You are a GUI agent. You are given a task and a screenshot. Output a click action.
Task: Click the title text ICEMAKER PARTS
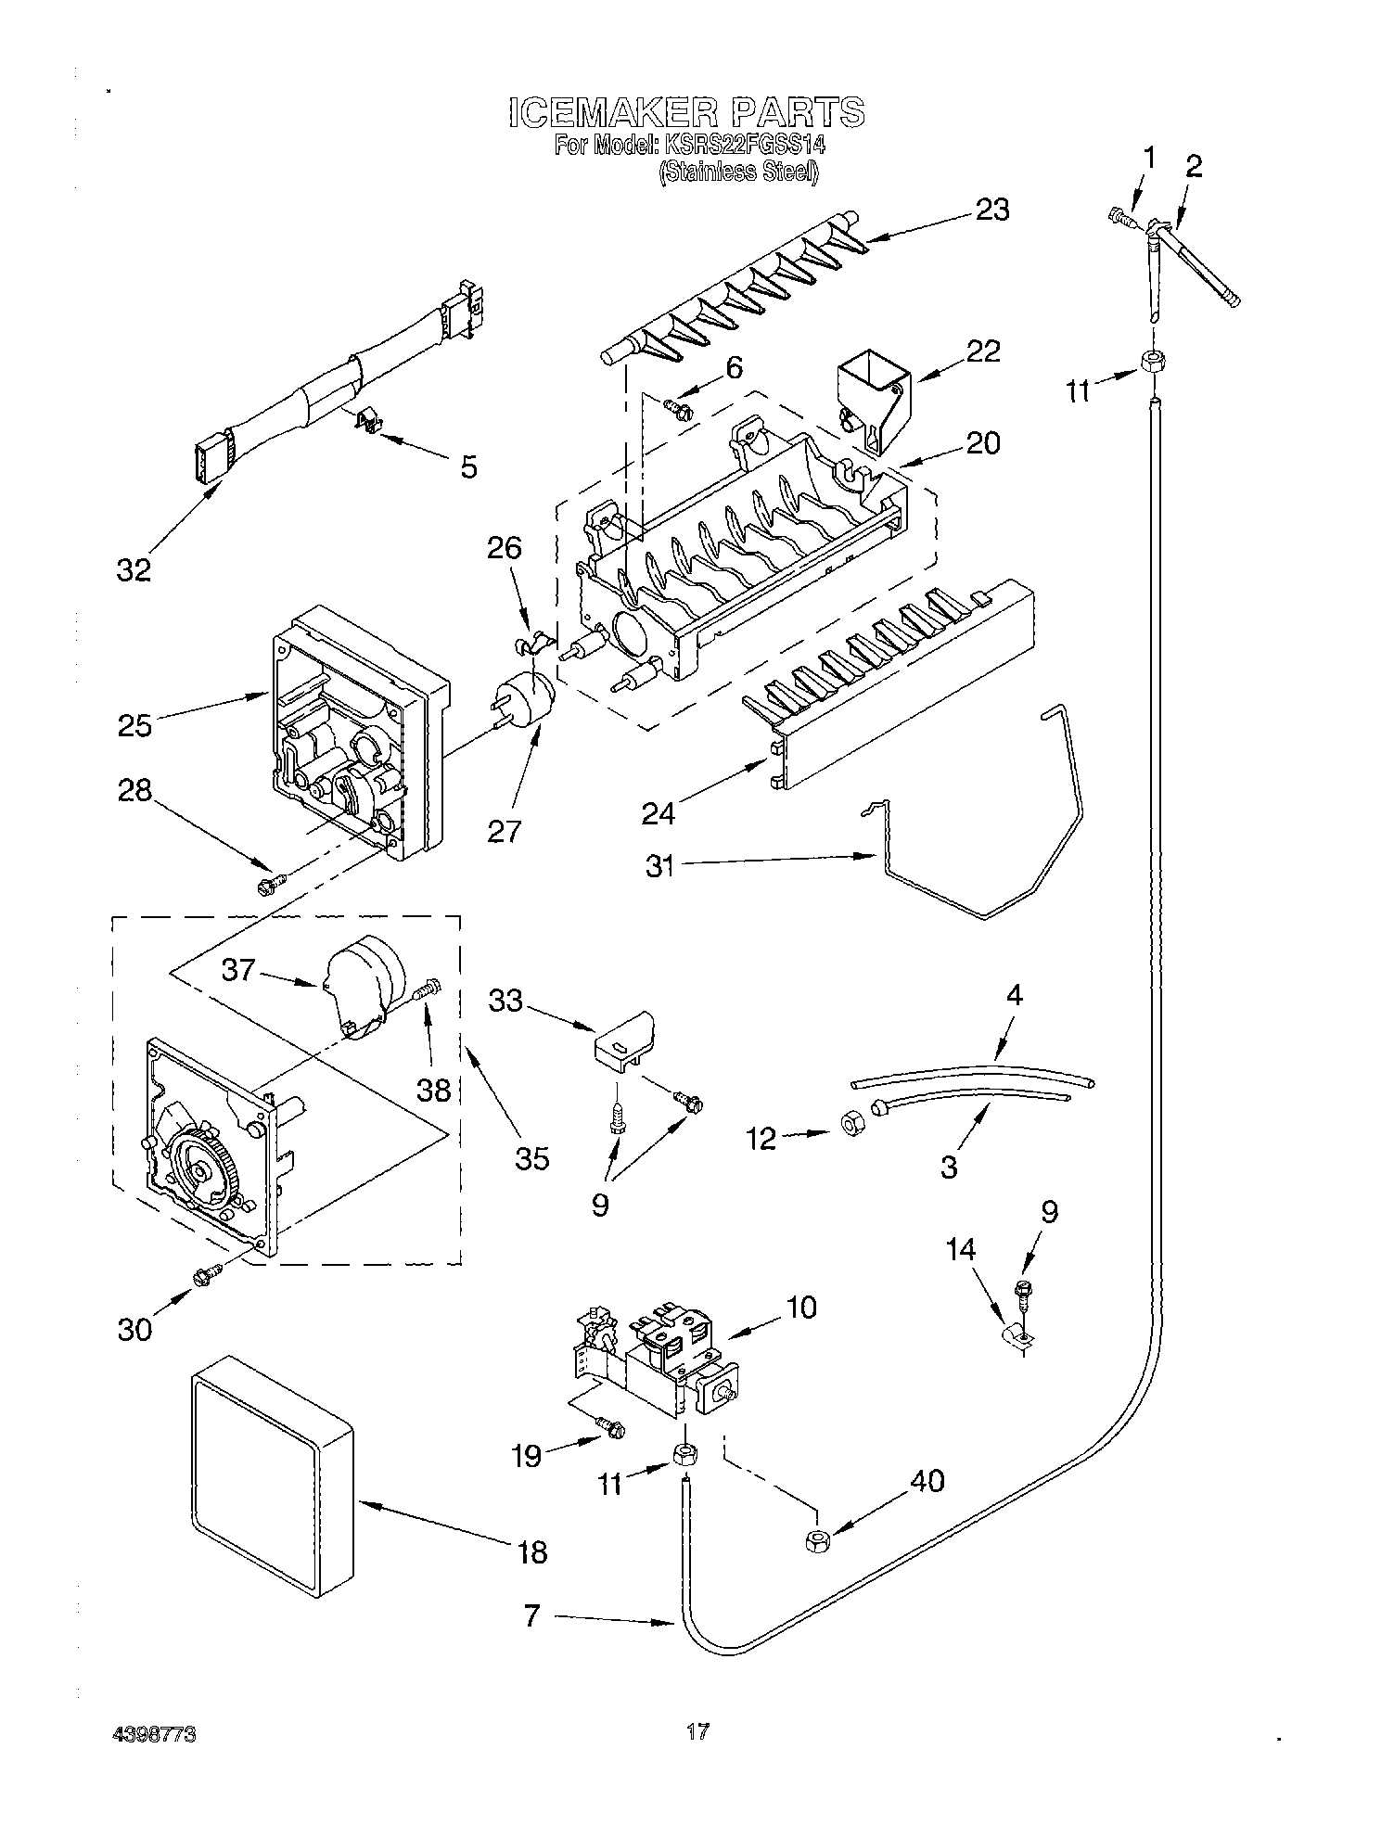(686, 112)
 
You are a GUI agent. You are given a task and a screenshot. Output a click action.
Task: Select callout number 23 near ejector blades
(991, 211)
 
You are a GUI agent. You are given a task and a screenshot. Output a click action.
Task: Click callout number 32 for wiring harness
(134, 569)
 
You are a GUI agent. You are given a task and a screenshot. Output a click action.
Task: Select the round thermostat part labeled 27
(525, 697)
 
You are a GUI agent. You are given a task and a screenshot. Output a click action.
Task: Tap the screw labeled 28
(270, 885)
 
